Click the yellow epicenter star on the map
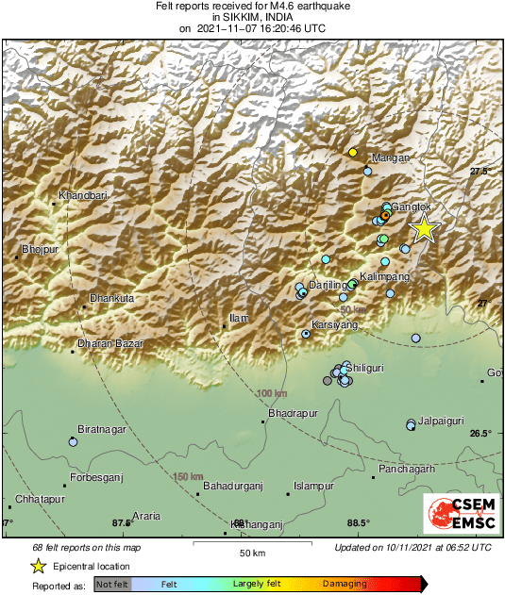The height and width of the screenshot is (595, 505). (425, 228)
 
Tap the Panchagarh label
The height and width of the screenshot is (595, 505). (407, 469)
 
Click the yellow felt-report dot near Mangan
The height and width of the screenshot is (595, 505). (352, 152)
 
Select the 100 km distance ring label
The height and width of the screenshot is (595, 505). (271, 392)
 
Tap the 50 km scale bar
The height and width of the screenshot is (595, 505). (251, 545)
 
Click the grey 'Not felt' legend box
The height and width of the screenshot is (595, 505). (112, 585)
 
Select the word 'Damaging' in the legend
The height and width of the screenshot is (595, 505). (344, 584)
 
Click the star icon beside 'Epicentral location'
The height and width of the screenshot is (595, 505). (38, 566)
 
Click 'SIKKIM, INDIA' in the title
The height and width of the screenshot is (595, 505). (252, 17)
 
